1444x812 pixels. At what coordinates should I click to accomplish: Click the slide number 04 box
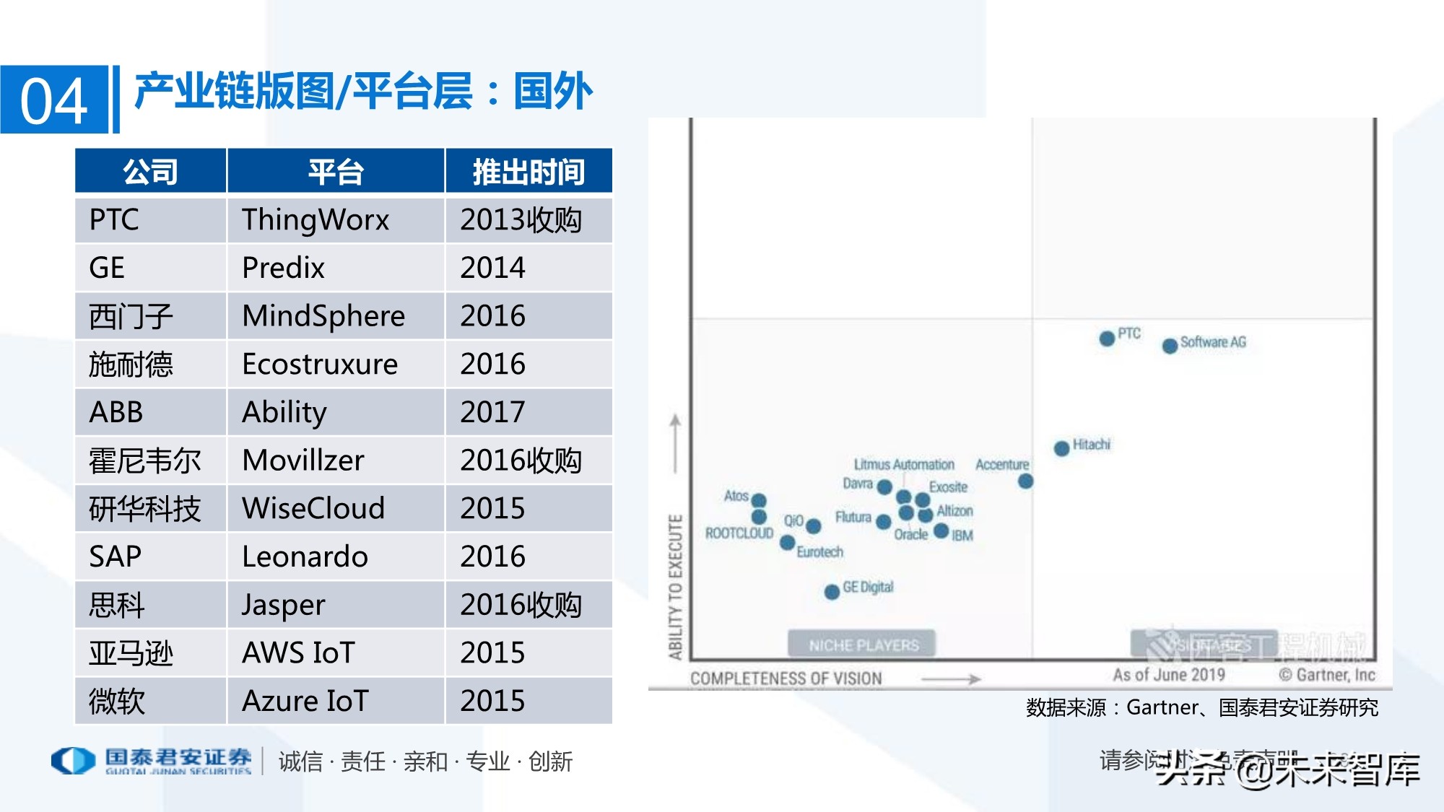(x=54, y=100)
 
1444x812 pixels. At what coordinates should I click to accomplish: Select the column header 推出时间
(x=529, y=172)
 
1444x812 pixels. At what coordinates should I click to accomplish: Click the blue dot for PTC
(x=1107, y=338)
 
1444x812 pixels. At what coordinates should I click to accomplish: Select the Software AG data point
(x=1170, y=346)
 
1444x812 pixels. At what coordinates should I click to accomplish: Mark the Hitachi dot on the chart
(x=1061, y=448)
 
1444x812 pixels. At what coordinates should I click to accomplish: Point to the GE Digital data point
(x=832, y=592)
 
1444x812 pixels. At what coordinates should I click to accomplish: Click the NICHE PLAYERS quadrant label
(x=863, y=645)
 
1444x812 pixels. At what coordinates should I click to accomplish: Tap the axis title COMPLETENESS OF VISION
(x=786, y=678)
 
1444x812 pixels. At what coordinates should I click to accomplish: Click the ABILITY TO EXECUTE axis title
(x=675, y=586)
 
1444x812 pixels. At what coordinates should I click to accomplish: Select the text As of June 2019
(x=1168, y=675)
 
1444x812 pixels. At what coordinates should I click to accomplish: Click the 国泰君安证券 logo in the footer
(x=152, y=760)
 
